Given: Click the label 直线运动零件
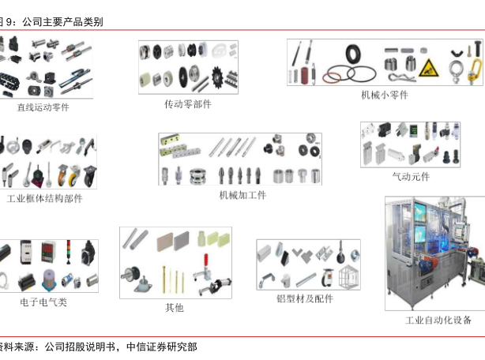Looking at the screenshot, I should pos(43,107).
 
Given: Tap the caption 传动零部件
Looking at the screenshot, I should pos(187,104).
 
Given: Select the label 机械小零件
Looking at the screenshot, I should pos(385,96).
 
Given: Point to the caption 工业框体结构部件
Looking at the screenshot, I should pos(44,199).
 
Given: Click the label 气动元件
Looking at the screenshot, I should pos(412,176).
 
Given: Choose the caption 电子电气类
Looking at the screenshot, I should pos(43,302).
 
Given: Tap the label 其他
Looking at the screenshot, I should pos(175,307).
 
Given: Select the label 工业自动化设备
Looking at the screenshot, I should pos(439,320).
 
